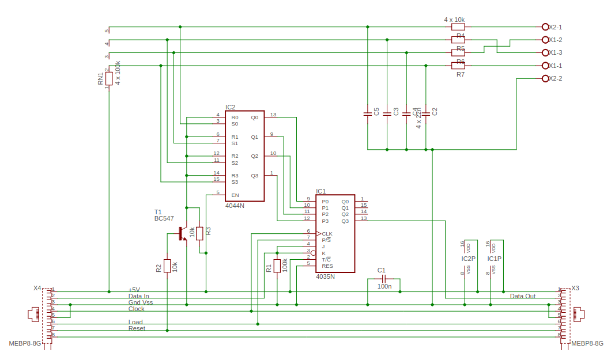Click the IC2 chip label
click(231, 107)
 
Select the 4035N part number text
click(325, 276)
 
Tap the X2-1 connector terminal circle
click(545, 26)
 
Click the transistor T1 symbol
click(182, 233)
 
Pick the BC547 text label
click(164, 218)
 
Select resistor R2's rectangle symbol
click(167, 266)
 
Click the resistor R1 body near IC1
click(277, 266)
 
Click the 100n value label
click(384, 286)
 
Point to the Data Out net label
click(523, 296)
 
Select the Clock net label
click(137, 309)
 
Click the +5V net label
click(134, 290)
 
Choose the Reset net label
click(137, 328)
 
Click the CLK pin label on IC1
click(327, 234)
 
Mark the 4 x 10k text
click(454, 20)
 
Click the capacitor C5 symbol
click(367, 114)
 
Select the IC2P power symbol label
click(469, 259)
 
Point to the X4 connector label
click(37, 288)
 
